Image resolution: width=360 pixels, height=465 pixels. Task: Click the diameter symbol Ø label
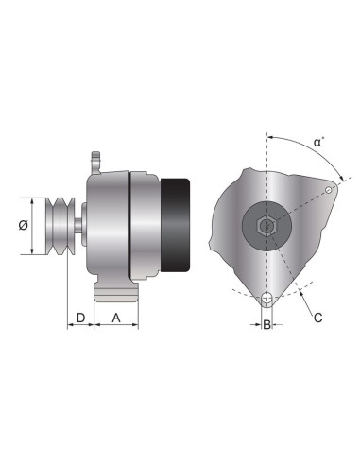tap(22, 226)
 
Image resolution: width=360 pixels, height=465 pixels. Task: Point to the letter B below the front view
tap(267, 324)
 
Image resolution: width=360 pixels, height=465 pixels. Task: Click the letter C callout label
tap(317, 318)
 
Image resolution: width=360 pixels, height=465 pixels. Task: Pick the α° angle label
tap(320, 143)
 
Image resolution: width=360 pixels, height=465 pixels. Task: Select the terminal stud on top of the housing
tap(94, 161)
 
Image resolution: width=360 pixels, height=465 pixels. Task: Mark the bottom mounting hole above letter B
tap(267, 300)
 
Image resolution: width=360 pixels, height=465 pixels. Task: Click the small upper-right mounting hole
tap(329, 192)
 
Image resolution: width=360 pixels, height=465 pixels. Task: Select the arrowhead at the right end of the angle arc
tap(337, 181)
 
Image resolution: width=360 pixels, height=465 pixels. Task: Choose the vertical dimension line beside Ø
tap(35, 226)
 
